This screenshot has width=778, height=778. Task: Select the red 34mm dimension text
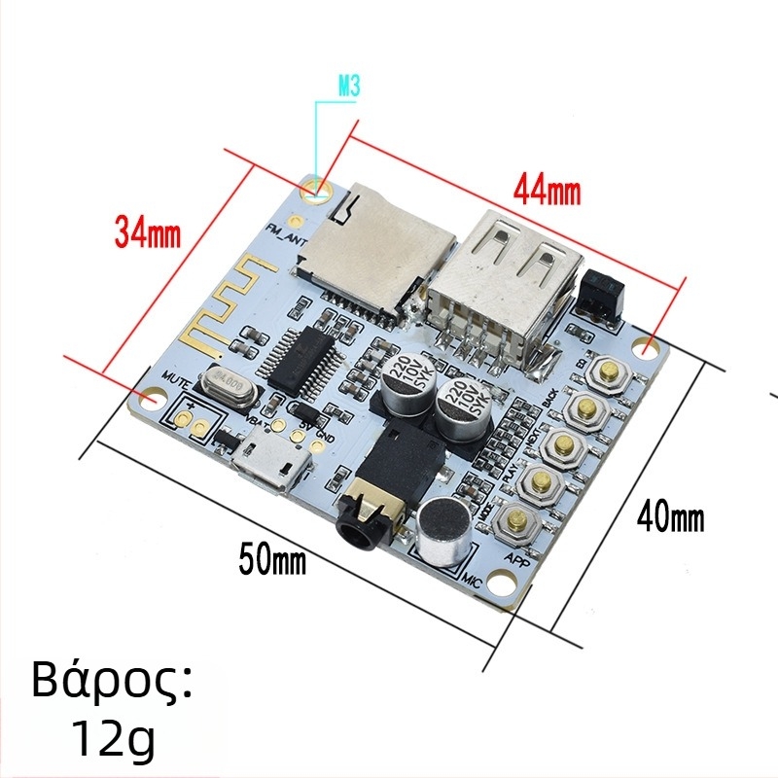(x=149, y=232)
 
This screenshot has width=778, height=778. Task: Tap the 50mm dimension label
(x=272, y=560)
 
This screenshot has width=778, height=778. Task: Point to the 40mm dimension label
(x=670, y=518)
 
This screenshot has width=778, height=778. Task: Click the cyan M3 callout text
(x=348, y=88)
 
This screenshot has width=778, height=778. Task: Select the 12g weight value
(x=113, y=740)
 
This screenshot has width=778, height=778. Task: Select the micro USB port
(x=269, y=466)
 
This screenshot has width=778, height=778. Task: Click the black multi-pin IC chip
(x=304, y=362)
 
